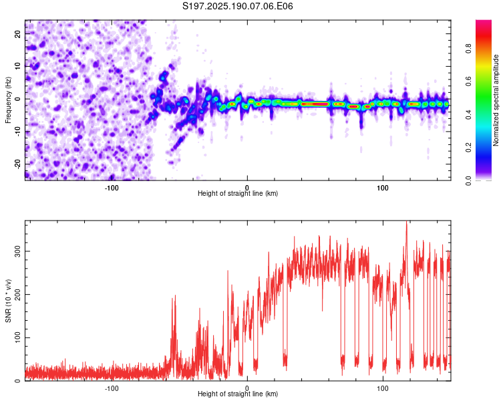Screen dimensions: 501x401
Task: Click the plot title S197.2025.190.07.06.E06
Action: coord(237,6)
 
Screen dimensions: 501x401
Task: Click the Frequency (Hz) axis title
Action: coord(8,100)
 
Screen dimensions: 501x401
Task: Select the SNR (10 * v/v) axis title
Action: coord(8,301)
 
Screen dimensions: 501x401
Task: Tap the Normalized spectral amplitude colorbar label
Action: coord(496,100)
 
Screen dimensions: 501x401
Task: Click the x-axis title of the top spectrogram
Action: coord(238,193)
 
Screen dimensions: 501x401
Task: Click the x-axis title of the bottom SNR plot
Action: coord(238,394)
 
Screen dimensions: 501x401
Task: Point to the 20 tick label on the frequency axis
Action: coord(18,34)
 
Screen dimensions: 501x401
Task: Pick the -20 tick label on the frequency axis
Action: coord(18,164)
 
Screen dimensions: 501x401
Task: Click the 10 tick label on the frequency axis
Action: coord(18,67)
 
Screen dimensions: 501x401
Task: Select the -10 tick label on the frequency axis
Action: coord(18,132)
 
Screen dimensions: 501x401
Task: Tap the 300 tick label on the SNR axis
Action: coord(18,251)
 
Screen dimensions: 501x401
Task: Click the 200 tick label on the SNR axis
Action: coord(18,295)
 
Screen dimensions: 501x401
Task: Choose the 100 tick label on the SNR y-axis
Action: coord(18,338)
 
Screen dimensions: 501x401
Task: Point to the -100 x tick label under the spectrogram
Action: coord(112,188)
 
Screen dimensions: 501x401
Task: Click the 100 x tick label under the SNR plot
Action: coord(383,388)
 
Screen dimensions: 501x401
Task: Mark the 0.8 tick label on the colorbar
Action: coord(468,49)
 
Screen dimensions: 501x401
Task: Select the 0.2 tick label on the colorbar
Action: coord(468,148)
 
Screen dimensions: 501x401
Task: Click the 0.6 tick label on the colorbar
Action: coord(468,82)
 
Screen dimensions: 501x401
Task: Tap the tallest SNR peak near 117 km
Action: coord(406,222)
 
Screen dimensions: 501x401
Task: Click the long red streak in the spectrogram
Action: coord(315,104)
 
